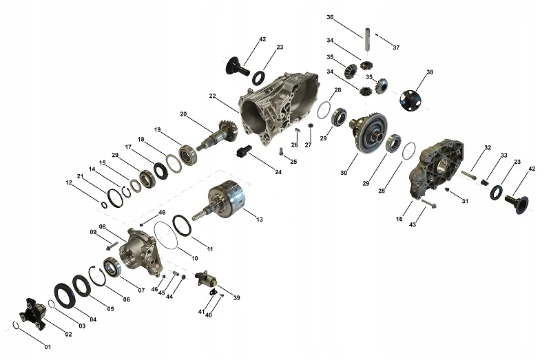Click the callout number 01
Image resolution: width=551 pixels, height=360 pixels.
point(48,347)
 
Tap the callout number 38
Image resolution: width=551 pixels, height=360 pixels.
point(429,72)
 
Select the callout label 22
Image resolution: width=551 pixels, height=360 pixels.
point(212,96)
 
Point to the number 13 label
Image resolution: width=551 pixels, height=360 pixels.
point(260,220)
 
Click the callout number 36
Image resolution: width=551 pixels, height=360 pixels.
point(330,17)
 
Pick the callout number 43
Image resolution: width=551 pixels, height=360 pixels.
point(412,224)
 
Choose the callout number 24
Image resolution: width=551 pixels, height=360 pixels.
point(278,172)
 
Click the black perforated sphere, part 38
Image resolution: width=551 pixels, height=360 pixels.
point(410,100)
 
